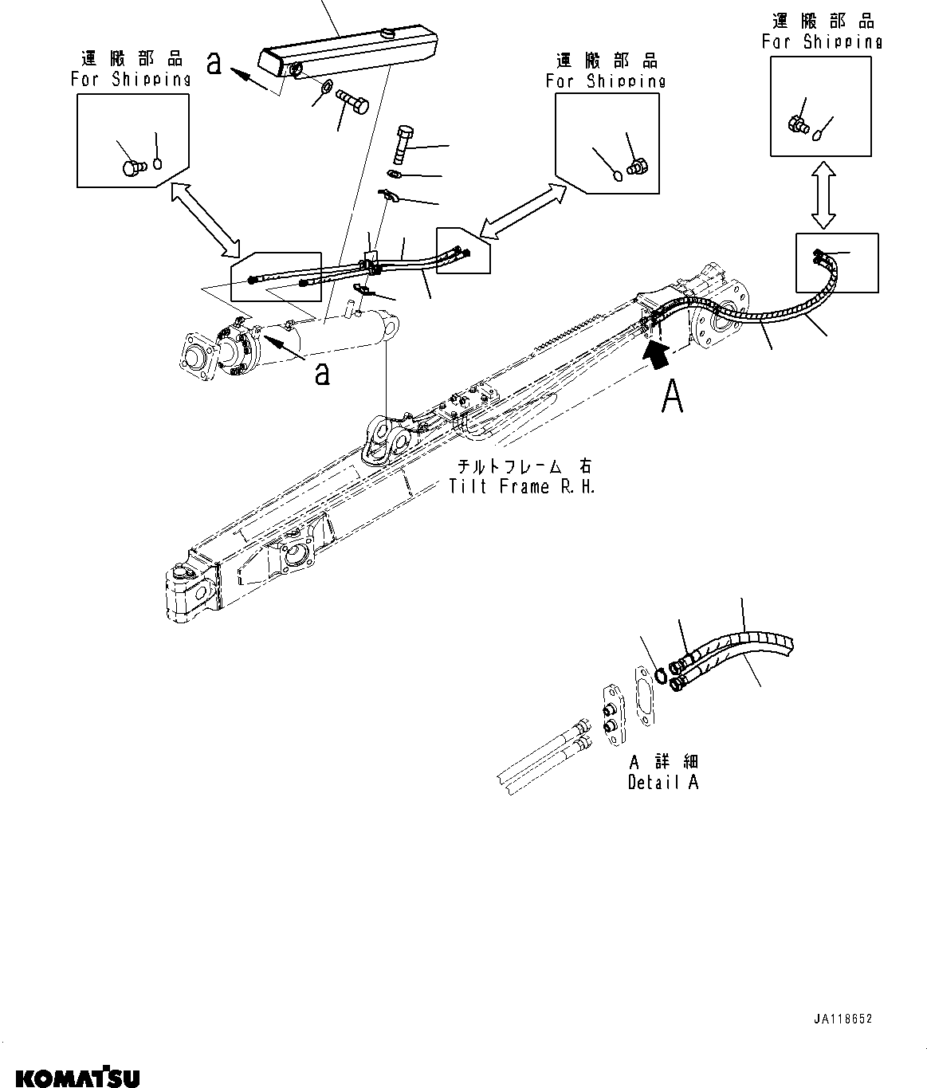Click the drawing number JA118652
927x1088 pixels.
tap(844, 1019)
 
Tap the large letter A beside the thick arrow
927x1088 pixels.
tap(672, 396)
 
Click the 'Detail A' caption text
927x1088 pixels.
tap(663, 781)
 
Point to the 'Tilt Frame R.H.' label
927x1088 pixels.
tap(522, 486)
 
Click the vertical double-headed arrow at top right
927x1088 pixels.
tap(823, 194)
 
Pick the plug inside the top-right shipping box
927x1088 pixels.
tap(797, 124)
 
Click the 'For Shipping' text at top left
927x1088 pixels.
tap(131, 78)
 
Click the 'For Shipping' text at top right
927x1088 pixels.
tap(822, 41)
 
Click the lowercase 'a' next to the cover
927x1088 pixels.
tap(214, 64)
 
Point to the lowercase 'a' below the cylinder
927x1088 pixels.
tap(322, 372)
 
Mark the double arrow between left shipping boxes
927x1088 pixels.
tap(206, 218)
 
